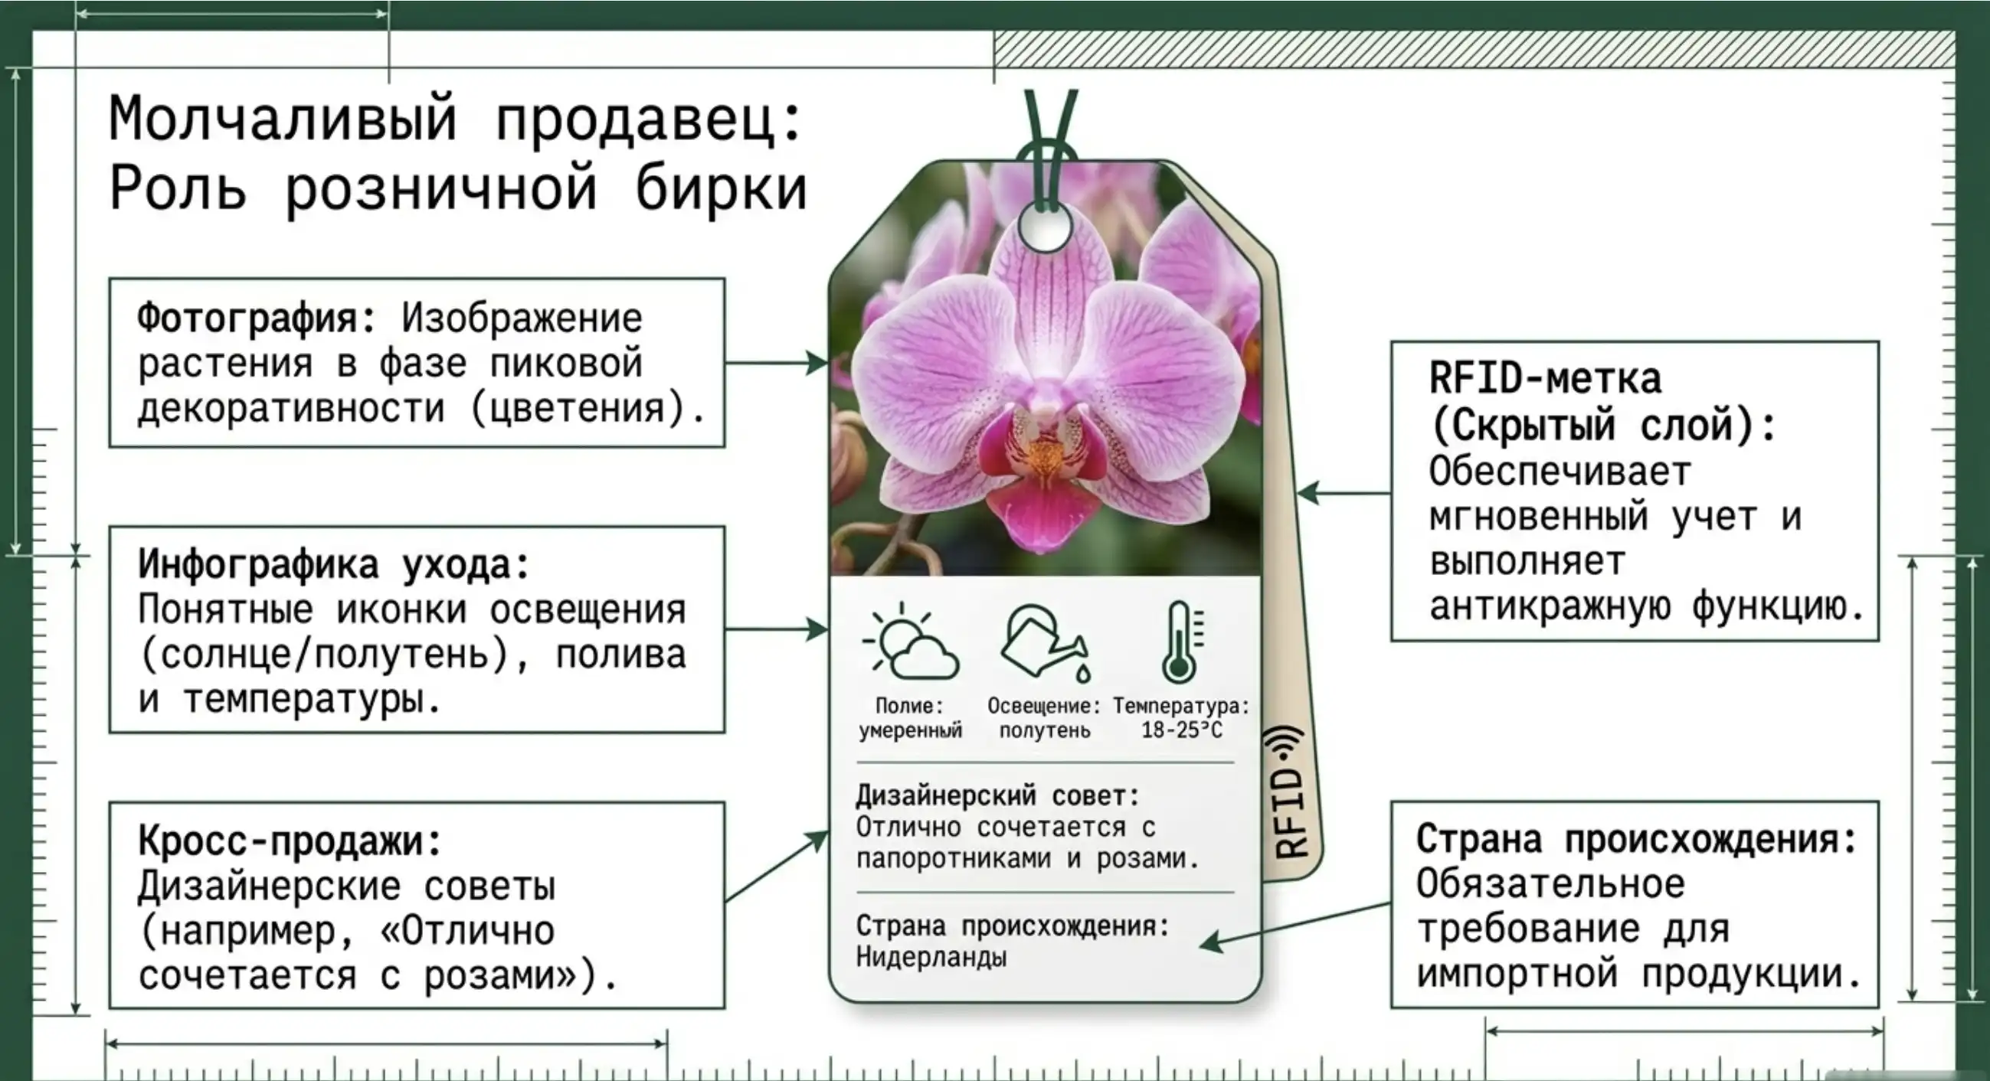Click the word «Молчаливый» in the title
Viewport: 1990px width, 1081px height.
click(283, 119)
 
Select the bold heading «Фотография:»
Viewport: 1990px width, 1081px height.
click(257, 319)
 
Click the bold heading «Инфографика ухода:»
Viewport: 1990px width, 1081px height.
click(334, 564)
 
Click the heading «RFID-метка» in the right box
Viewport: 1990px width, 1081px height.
click(1545, 378)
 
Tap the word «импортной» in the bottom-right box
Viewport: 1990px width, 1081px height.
click(1517, 975)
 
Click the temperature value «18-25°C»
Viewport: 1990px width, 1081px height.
click(1182, 730)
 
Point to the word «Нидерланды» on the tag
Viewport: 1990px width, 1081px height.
click(931, 958)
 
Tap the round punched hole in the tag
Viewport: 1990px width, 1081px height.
click(1045, 229)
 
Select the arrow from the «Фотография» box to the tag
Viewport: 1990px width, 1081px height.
click(777, 362)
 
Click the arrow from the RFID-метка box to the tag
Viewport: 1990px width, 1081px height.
click(1344, 492)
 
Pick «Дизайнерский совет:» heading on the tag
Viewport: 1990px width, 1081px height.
click(997, 795)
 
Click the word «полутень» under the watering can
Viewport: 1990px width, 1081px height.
click(1045, 730)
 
